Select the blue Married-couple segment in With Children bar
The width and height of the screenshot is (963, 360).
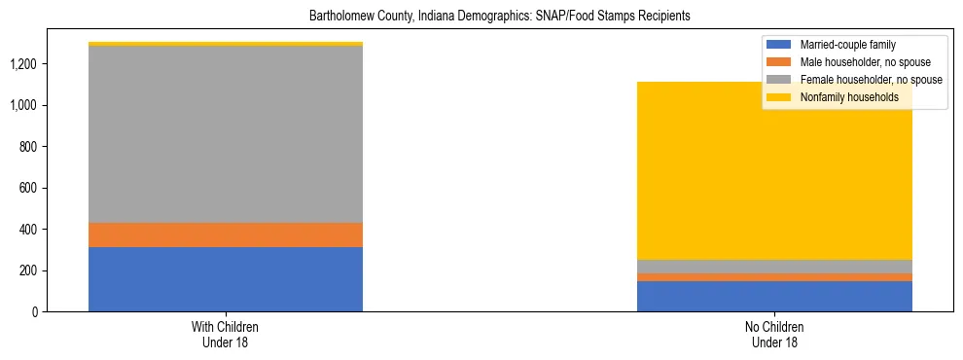point(226,279)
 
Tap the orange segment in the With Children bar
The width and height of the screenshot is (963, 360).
point(226,234)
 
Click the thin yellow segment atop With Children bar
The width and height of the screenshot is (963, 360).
point(226,44)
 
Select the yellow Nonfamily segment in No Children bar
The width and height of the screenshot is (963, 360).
point(774,170)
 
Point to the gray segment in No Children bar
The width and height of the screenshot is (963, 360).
point(774,267)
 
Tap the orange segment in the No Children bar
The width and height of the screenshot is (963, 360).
point(774,277)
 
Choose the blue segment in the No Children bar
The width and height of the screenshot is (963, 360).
point(774,296)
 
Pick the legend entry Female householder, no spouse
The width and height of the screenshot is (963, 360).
point(870,80)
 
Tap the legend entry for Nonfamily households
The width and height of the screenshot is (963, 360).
point(849,97)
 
